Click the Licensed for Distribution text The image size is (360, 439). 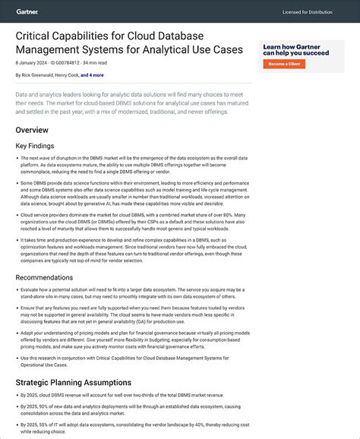[308, 12]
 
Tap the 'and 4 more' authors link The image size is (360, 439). [93, 76]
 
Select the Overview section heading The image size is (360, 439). [32, 130]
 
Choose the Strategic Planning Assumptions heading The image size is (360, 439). [73, 382]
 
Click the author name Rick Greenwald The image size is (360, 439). [36, 76]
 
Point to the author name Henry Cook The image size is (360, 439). [68, 76]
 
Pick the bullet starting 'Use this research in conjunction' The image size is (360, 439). [129, 361]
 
